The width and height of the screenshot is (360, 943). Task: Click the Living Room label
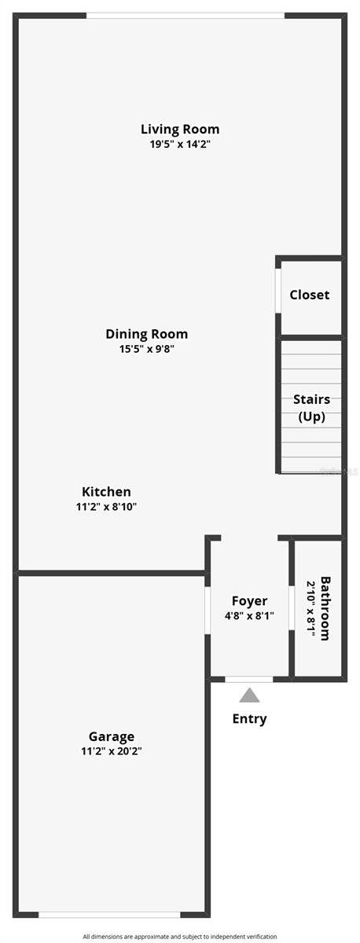tap(180, 129)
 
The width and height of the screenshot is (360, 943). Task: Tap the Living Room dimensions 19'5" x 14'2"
tap(180, 145)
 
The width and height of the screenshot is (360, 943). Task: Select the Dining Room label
tap(146, 334)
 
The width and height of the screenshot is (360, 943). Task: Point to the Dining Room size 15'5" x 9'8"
tap(146, 349)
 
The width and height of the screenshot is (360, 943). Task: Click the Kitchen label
tap(106, 492)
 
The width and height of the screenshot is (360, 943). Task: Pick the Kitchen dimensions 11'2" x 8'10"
tap(106, 507)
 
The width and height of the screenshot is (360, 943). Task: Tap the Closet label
tap(310, 295)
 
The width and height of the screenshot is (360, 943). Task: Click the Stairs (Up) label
tap(311, 408)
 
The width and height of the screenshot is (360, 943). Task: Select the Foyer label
tap(249, 601)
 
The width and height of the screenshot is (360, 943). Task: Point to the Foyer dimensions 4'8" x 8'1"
tap(249, 616)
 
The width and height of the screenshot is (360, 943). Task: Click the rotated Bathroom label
tap(325, 609)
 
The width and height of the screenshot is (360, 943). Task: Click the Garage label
tap(111, 736)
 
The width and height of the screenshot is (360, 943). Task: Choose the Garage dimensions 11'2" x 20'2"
tap(111, 751)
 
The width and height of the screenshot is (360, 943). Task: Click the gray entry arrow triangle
tap(249, 695)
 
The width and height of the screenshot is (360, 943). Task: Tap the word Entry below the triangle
tap(249, 718)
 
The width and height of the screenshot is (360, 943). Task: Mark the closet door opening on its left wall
tap(277, 291)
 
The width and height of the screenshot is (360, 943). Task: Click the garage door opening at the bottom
tap(109, 914)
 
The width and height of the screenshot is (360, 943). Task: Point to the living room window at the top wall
tap(186, 15)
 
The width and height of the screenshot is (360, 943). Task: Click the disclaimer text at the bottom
tap(180, 936)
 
